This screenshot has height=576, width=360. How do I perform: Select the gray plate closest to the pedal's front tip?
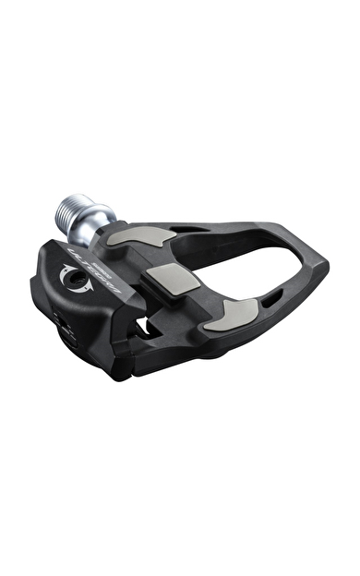click(x=225, y=314)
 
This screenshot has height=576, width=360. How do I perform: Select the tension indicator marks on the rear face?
click(x=59, y=318)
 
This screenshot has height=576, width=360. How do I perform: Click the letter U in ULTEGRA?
click(x=74, y=251)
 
